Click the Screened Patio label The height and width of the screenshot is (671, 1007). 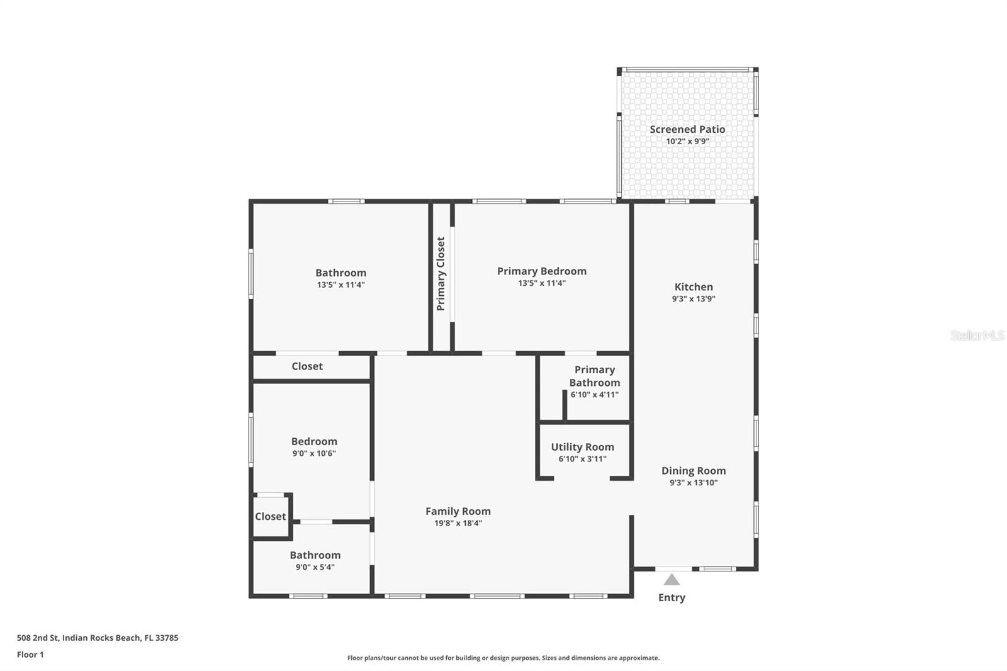pyautogui.click(x=687, y=129)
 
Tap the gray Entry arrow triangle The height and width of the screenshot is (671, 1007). pyautogui.click(x=672, y=580)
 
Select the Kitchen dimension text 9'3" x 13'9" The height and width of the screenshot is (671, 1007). pyautogui.click(x=694, y=299)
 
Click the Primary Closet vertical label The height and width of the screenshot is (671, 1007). pyautogui.click(x=441, y=274)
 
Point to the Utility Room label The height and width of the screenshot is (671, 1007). pyautogui.click(x=582, y=447)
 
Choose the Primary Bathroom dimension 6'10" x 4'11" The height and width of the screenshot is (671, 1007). pyautogui.click(x=594, y=395)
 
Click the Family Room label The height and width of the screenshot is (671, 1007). pyautogui.click(x=458, y=511)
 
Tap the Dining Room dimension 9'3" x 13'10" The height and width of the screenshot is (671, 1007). pyautogui.click(x=694, y=483)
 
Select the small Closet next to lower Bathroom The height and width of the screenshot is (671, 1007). pyautogui.click(x=271, y=516)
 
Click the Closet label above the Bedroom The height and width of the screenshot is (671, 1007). pyautogui.click(x=307, y=366)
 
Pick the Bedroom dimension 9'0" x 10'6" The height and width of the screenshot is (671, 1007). pyautogui.click(x=314, y=453)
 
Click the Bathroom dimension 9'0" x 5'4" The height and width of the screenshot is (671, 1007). pyautogui.click(x=315, y=567)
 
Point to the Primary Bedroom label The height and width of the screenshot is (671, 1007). pyautogui.click(x=541, y=271)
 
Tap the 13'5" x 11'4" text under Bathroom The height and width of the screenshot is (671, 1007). pyautogui.click(x=340, y=285)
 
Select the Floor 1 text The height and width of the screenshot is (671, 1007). pyautogui.click(x=30, y=655)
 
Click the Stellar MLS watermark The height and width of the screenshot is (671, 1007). pyautogui.click(x=977, y=335)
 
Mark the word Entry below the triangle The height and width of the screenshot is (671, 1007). pyautogui.click(x=672, y=597)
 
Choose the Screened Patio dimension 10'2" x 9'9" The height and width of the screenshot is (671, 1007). pyautogui.click(x=687, y=142)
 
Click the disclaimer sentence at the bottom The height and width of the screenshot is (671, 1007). pyautogui.click(x=503, y=658)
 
